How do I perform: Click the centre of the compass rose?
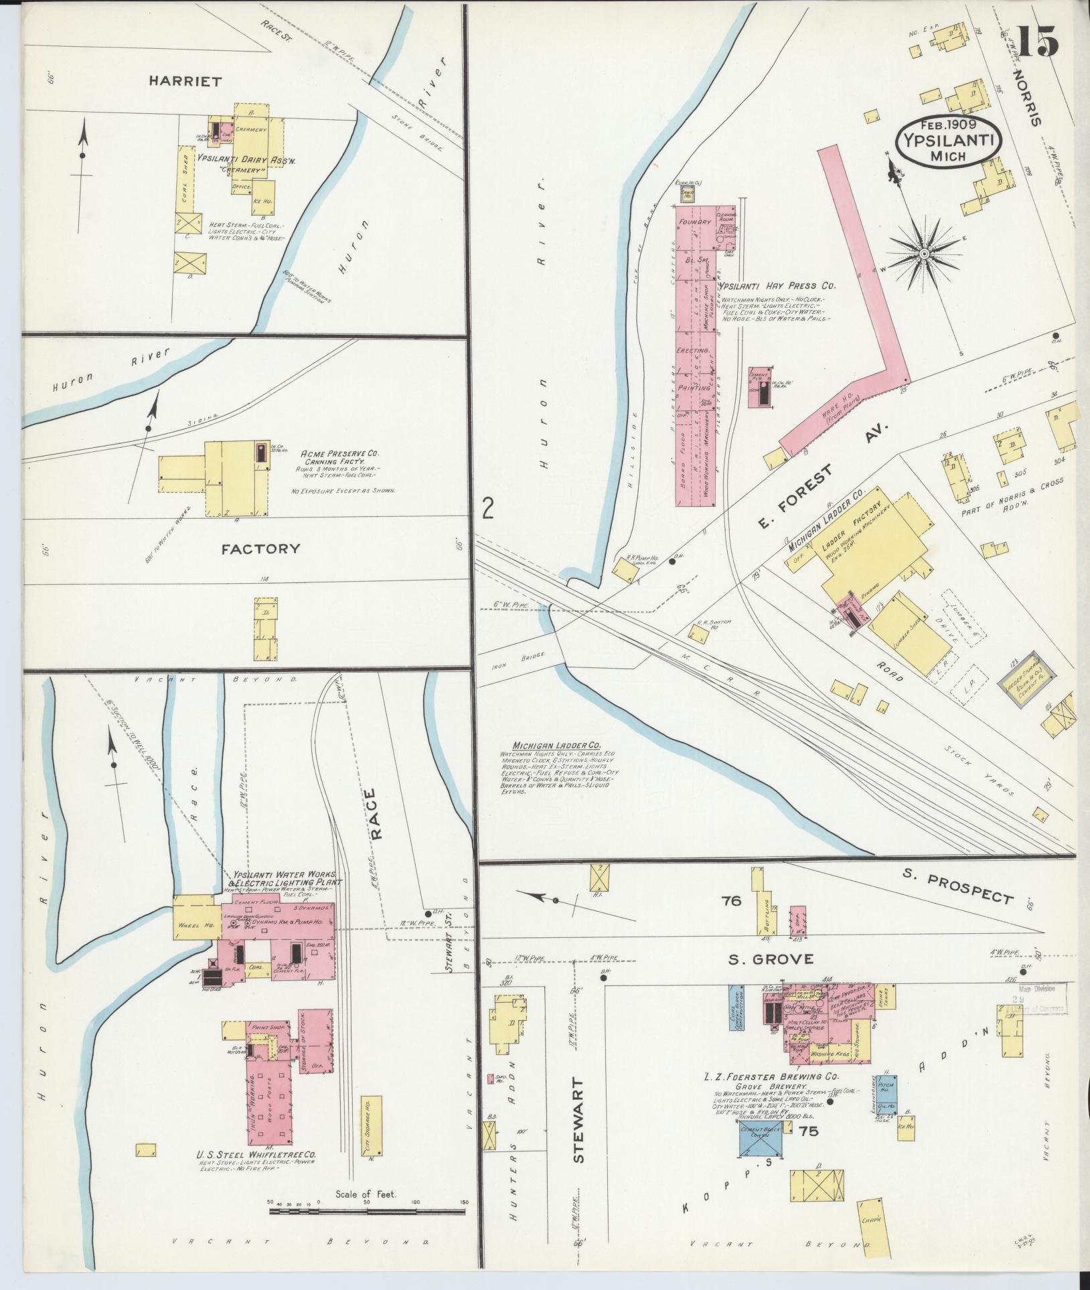923,254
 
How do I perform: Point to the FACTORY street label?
260,548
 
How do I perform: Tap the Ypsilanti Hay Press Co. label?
777,286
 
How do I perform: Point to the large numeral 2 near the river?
487,511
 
